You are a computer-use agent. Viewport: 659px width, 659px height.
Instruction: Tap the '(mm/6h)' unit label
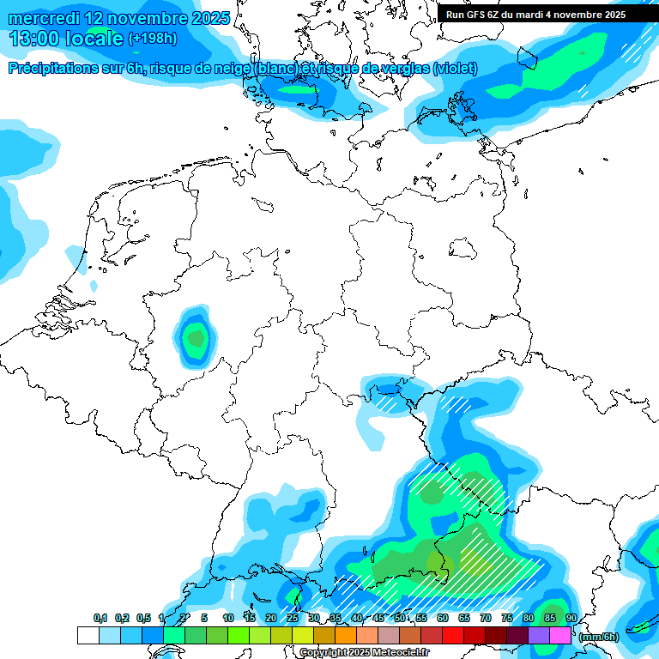point(598,637)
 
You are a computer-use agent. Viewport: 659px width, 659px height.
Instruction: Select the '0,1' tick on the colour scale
point(100,619)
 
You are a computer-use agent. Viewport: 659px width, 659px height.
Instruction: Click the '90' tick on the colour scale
point(571,619)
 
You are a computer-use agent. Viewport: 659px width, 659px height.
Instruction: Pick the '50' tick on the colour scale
point(400,619)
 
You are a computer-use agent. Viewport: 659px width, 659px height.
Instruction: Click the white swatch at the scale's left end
point(88,636)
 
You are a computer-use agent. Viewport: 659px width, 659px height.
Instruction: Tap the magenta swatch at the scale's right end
point(560,636)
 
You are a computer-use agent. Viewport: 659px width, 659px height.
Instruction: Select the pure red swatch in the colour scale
point(453,636)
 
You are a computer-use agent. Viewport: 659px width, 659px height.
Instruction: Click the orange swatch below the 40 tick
point(346,636)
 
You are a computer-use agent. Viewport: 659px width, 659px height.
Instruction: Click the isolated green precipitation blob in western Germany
point(196,337)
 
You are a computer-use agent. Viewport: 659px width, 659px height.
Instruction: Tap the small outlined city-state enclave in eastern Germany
point(463,247)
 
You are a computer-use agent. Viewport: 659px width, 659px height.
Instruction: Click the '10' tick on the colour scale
point(228,619)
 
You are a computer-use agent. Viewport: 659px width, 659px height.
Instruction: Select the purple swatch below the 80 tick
point(539,636)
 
